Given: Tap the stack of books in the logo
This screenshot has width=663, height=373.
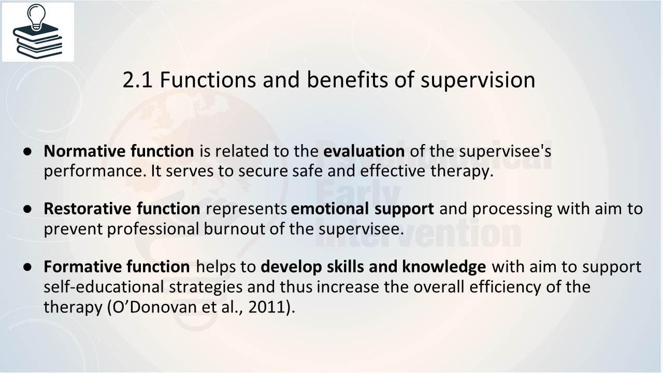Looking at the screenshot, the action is [38, 41].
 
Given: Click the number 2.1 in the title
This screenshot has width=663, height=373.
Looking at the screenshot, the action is [137, 80].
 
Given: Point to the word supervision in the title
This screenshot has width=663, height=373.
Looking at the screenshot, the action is [478, 80].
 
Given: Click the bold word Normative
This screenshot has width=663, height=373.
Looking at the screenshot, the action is [84, 151].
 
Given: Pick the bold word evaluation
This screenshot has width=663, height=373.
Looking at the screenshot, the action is [364, 151].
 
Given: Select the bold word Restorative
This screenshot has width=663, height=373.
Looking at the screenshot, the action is [88, 208].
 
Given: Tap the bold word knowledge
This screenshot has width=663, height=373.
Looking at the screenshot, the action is [444, 267].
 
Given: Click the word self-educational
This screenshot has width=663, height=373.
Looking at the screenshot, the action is [104, 286].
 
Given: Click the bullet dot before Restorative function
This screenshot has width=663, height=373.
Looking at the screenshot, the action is [27, 209].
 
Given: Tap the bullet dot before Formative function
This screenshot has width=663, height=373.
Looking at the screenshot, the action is [27, 267].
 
